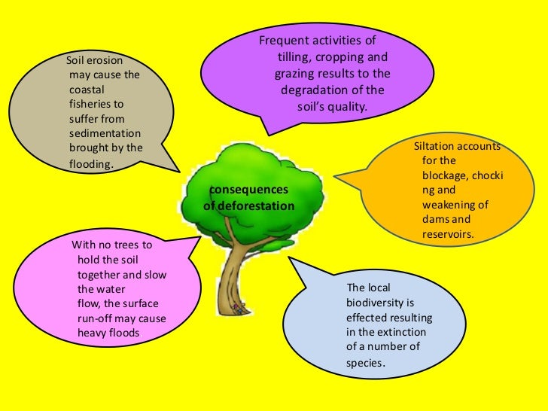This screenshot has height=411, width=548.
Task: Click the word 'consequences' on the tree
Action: click(x=248, y=190)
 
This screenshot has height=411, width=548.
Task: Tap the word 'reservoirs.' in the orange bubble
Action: click(x=448, y=235)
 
